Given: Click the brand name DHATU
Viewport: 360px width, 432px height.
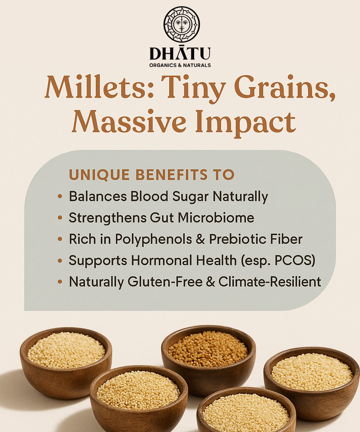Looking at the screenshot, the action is [x=180, y=53].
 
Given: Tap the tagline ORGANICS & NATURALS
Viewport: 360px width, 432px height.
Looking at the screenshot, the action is [x=180, y=65].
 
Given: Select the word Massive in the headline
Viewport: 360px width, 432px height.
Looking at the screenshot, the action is [x=129, y=121].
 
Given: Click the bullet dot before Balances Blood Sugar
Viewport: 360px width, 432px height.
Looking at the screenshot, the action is [x=60, y=196].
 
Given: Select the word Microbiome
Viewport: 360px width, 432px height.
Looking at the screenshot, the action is [x=216, y=217].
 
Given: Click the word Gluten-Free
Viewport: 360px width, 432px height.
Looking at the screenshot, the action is [x=165, y=282].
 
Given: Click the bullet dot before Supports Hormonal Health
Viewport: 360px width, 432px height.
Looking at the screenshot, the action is [x=60, y=261].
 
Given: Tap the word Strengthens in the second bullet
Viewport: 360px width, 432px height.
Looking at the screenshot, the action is [x=108, y=218].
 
